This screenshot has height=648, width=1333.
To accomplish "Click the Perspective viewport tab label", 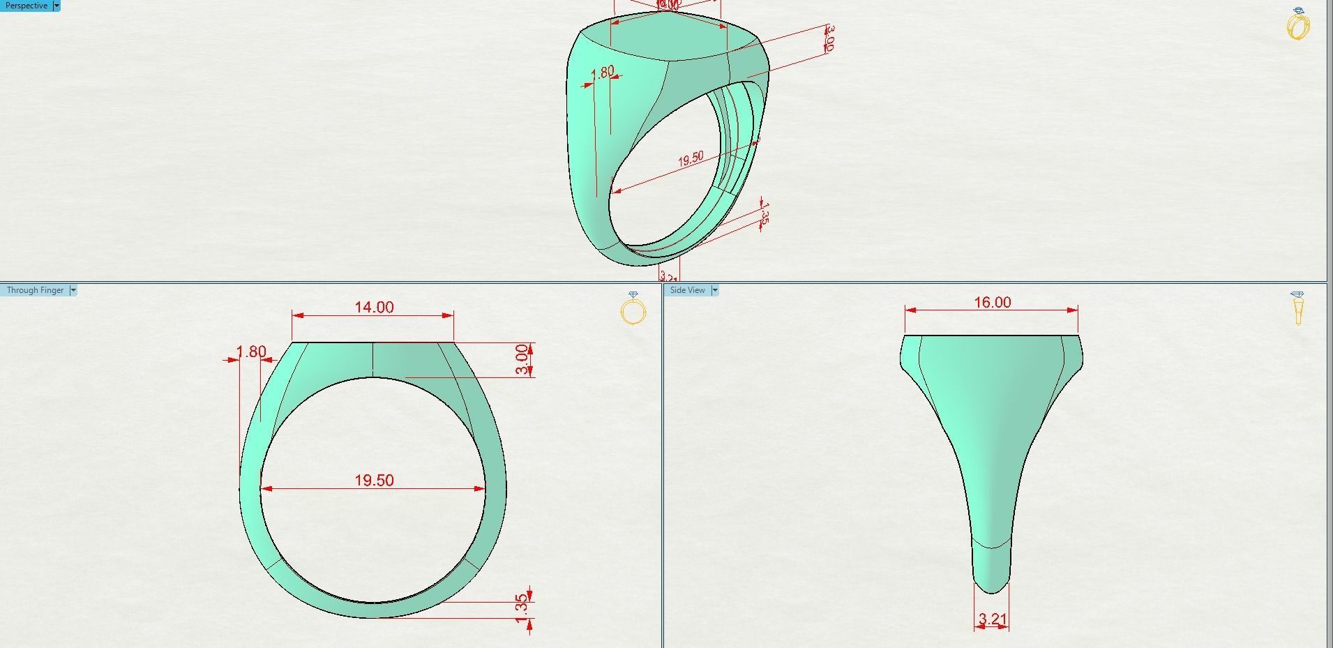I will pyautogui.click(x=27, y=6).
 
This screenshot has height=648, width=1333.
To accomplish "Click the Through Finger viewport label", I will pyautogui.click(x=35, y=290).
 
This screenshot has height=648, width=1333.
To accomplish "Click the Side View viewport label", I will pyautogui.click(x=687, y=290).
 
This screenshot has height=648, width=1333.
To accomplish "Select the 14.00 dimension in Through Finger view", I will pyautogui.click(x=374, y=307).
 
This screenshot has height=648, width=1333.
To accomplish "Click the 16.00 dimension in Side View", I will pyautogui.click(x=992, y=302).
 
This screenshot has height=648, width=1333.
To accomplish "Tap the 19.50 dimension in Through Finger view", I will pyautogui.click(x=374, y=480).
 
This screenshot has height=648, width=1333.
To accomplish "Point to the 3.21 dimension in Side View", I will pyautogui.click(x=992, y=619).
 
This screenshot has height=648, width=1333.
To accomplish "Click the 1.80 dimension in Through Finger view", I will pyautogui.click(x=250, y=352).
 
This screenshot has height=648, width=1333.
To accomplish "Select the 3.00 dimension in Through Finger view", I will pyautogui.click(x=522, y=359).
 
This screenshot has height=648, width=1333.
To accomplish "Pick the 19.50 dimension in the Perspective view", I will pyautogui.click(x=691, y=159).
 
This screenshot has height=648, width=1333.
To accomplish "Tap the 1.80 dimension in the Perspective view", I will pyautogui.click(x=603, y=72).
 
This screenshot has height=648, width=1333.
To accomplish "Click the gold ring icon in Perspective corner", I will pyautogui.click(x=1297, y=25).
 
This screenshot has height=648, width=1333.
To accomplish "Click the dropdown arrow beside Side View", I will pyautogui.click(x=714, y=290).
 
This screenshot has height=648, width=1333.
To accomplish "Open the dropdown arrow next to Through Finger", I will pyautogui.click(x=73, y=290).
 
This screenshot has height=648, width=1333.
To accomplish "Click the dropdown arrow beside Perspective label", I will pyautogui.click(x=57, y=6).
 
